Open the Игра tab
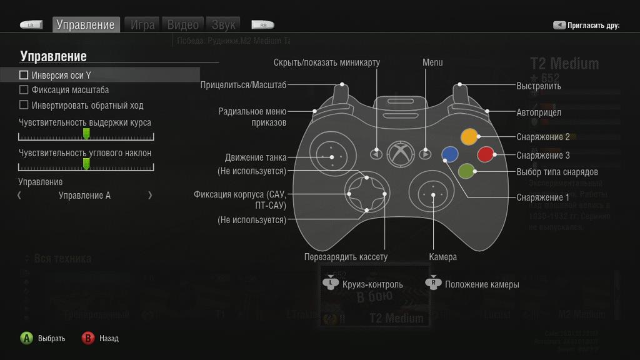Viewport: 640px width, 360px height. pos(142,25)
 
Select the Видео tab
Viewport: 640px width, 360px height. pos(182,25)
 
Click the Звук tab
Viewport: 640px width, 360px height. pos(223,25)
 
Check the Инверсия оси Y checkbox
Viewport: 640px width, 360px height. pos(24,75)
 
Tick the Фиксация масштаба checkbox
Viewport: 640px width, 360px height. pos(24,90)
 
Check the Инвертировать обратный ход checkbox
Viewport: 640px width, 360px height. pos(24,105)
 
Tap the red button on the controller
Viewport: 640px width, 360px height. pos(486,154)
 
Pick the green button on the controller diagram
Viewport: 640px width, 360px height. pos(466,171)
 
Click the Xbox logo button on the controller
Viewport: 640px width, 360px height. pos(399,153)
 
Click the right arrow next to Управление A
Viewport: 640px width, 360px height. pos(150,196)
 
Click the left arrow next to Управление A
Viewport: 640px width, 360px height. pos(19,196)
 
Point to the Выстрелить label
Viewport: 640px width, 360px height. pos(539,86)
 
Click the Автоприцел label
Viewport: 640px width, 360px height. pos(539,112)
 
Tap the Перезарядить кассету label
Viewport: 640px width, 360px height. pos(346,257)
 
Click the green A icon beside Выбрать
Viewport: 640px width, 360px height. pos(26,338)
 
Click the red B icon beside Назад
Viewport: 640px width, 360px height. pos(88,338)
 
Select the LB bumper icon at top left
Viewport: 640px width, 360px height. pos(31,26)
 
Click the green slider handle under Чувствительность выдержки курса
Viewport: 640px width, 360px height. pos(86,134)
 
